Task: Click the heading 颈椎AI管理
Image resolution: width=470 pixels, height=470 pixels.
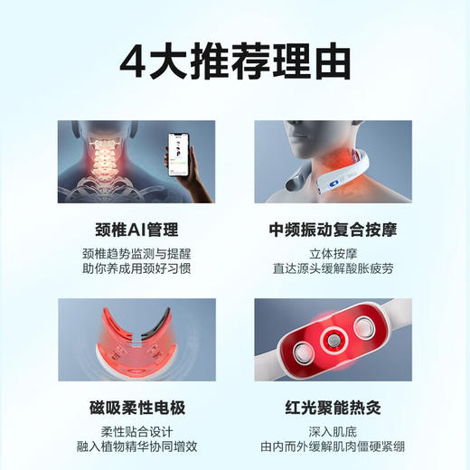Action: pos(136,226)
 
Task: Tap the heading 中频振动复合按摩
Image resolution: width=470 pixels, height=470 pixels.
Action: pos(334,226)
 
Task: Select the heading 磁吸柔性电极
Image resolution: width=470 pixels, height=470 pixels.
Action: pos(136,407)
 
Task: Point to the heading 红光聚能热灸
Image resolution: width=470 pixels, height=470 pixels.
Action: pos(334,407)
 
